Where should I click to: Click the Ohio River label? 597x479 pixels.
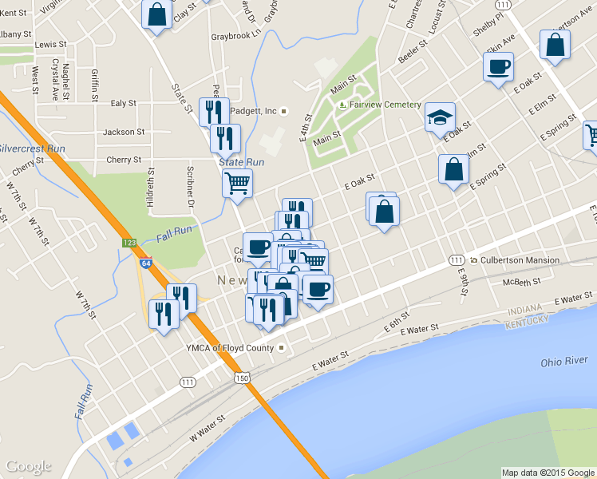tap(563, 362)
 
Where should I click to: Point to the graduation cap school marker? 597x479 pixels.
tap(440, 117)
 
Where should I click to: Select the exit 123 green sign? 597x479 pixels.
tap(128, 242)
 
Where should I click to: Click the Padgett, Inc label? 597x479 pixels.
tap(254, 111)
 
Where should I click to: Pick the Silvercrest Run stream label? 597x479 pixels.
tap(32, 148)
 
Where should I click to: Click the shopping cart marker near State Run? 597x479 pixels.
tap(237, 183)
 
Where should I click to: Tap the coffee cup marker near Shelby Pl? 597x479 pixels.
tap(498, 66)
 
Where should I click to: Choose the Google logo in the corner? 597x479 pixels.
tap(29, 466)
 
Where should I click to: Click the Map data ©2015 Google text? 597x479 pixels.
tap(548, 473)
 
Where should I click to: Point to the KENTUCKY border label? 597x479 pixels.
tap(527, 320)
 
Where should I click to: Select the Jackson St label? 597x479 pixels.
tap(124, 132)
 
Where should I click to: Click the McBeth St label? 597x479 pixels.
tap(522, 282)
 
